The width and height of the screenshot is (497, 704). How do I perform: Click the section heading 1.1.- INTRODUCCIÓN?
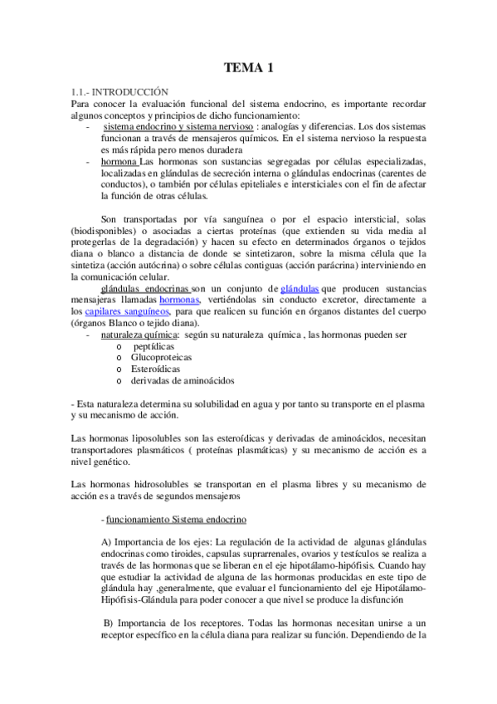coord(120,90)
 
